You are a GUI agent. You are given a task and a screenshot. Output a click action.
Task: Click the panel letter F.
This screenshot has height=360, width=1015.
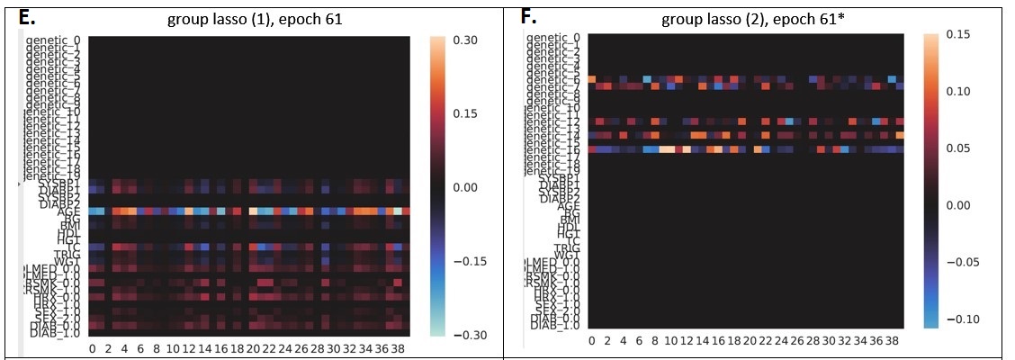tap(529, 15)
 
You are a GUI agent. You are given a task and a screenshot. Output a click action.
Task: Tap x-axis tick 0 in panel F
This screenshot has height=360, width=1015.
tap(591, 341)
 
